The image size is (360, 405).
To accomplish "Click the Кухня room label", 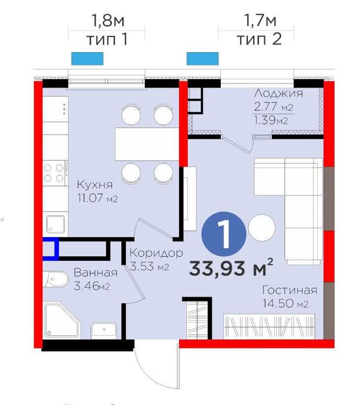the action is (x=95, y=185).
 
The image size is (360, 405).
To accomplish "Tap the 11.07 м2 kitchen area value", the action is (x=97, y=198).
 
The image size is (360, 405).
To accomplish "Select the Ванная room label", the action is (x=96, y=273).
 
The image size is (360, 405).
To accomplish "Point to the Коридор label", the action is (x=156, y=254).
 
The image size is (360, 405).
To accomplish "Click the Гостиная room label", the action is (x=289, y=290).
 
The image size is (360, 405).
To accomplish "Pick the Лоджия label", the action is (x=278, y=93).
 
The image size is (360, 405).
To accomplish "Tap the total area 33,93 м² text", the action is (x=231, y=268).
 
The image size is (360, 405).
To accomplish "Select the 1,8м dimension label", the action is (x=108, y=21).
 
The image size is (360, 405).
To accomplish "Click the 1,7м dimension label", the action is (x=260, y=21).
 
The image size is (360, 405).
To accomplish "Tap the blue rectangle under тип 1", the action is (x=88, y=59).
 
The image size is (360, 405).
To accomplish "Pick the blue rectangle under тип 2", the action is (x=202, y=59).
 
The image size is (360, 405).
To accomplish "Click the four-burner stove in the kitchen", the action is (x=55, y=173).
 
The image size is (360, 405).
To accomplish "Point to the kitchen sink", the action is (x=56, y=224).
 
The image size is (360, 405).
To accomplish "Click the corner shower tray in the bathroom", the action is (x=62, y=320).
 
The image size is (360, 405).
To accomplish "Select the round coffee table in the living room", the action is (x=262, y=228).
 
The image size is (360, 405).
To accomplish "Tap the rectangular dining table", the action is (x=147, y=144).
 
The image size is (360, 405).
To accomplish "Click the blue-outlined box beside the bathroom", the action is (x=50, y=249).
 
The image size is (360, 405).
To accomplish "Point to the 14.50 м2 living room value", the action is (x=285, y=303).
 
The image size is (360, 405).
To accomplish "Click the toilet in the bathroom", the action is (x=56, y=279).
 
